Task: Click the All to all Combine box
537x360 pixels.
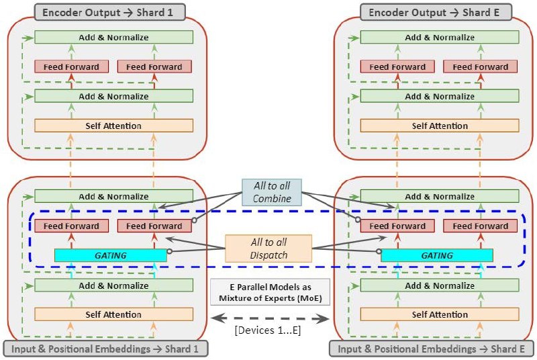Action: point(271,192)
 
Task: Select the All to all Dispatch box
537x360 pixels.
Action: point(269,249)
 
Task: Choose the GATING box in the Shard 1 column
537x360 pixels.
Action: point(110,255)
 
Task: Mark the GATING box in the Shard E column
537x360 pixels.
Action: point(436,255)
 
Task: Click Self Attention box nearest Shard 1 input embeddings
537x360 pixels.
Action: point(113,314)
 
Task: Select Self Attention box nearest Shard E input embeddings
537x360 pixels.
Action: point(440,314)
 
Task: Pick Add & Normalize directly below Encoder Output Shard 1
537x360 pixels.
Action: point(113,38)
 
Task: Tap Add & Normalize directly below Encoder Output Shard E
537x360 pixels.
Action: point(440,38)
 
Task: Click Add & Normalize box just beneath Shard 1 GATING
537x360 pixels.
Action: point(113,285)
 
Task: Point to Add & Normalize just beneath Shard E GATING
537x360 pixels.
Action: point(440,285)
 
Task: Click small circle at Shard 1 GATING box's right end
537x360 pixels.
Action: point(169,252)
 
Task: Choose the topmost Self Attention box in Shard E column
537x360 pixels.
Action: point(440,126)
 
